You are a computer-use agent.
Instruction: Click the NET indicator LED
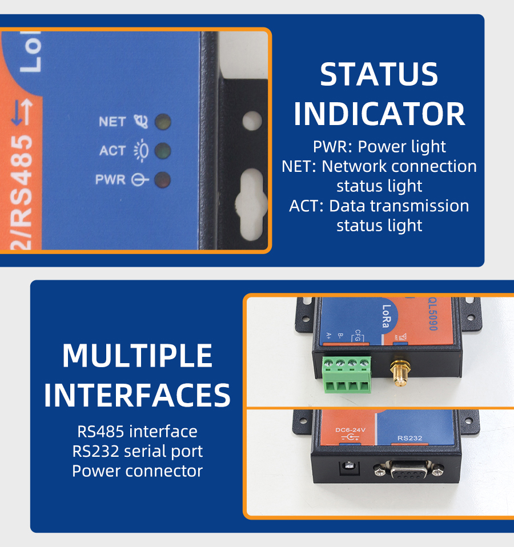pos(163,122)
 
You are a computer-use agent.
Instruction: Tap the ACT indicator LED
pos(163,151)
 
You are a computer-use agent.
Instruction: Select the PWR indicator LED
pos(163,180)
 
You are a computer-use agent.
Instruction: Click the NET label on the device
pos(112,122)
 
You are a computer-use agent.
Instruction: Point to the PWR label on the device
pos(110,180)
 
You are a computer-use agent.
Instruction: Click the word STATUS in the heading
pos(379,75)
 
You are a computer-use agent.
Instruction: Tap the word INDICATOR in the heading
pos(379,114)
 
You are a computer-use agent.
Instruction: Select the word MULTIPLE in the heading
pos(137,356)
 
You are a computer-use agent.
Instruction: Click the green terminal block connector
pos(346,373)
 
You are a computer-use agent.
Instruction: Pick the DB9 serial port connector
pos(409,469)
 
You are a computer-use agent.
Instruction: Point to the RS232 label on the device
pos(409,439)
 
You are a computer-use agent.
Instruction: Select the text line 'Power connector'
pos(137,471)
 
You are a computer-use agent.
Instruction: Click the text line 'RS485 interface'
pos(137,431)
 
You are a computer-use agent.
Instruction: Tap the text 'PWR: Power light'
pos(379,147)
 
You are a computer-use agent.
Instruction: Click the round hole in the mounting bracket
pos(252,121)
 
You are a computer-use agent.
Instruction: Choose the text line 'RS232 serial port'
pos(137,451)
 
